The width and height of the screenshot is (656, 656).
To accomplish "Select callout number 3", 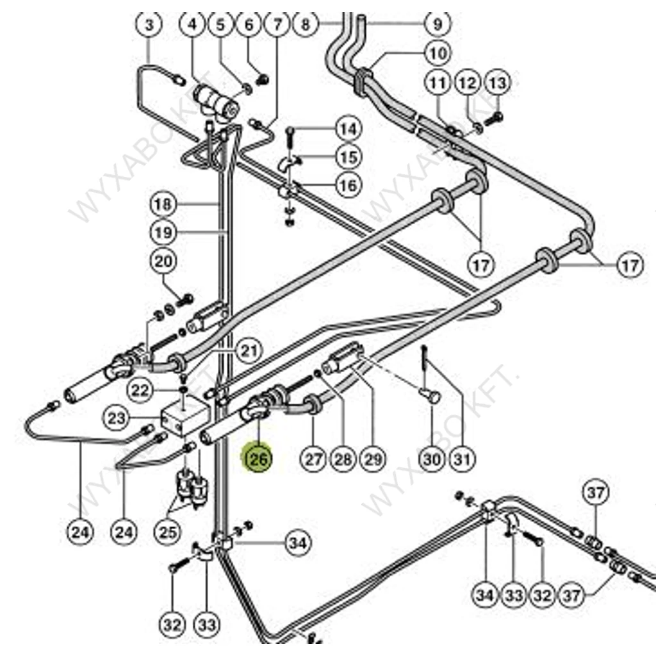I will coord(149,25).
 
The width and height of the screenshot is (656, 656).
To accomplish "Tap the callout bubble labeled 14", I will coord(348,129).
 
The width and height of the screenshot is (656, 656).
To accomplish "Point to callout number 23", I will coord(118,420).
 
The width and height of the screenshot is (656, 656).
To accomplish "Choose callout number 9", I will coord(438,25).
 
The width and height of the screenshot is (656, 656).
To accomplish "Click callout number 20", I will coord(163,261).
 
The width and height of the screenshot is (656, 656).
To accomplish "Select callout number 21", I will coord(249,350).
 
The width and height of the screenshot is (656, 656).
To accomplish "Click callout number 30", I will coord(432,459).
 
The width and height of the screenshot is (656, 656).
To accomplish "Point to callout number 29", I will coord(373,459).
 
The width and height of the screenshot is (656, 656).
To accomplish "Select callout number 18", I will coord(163,204).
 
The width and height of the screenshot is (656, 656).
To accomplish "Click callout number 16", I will coord(348,186).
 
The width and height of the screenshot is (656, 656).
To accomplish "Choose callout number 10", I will coord(438,53).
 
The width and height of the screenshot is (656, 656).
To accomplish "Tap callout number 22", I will coord(141,389).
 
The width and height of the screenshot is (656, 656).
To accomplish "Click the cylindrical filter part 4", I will coord(215,99).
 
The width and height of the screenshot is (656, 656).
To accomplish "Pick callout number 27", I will coord(313,459).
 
